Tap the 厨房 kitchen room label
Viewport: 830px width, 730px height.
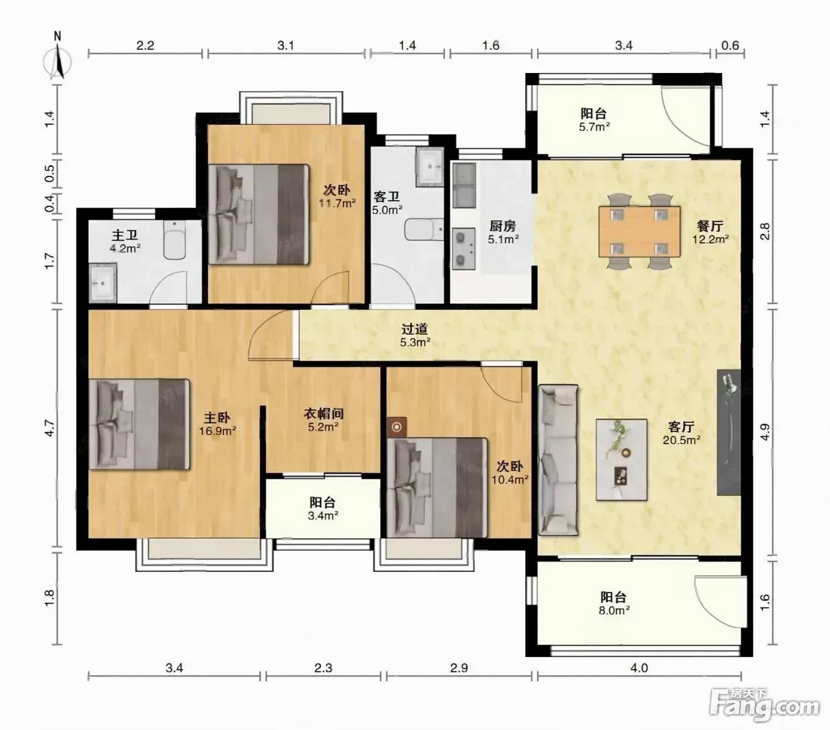(x=503, y=226)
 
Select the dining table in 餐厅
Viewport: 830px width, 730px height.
(x=639, y=232)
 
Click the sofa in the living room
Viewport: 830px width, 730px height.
(x=558, y=460)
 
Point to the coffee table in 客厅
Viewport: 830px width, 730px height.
(x=621, y=459)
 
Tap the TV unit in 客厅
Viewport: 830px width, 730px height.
(x=728, y=432)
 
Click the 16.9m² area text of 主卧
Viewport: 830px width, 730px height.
(x=218, y=431)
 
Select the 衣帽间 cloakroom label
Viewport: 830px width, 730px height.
(x=323, y=414)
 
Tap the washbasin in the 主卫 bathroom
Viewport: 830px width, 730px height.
(x=103, y=282)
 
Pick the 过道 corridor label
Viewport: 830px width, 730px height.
(x=415, y=328)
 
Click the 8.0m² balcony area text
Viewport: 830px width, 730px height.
(x=614, y=610)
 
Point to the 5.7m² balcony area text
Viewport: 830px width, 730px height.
(x=595, y=127)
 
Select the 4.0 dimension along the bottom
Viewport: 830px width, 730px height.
(x=639, y=668)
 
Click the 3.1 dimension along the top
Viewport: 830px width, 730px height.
(x=286, y=45)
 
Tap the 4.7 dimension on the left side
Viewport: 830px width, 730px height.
(x=49, y=428)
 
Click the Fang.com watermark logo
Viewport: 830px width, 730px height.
(x=764, y=704)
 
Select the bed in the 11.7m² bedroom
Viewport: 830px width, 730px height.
(x=258, y=214)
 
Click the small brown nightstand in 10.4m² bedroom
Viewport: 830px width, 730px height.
(x=396, y=427)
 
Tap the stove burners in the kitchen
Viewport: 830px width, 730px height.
(x=464, y=249)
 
